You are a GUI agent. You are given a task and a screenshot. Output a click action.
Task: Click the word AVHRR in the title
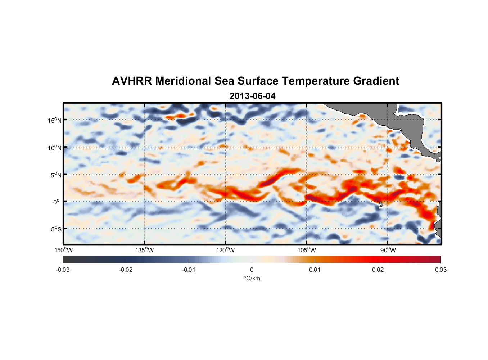(132, 81)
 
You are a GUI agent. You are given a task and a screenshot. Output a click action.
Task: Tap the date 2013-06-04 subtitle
(252, 96)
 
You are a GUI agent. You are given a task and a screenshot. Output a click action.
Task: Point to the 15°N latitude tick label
(55, 120)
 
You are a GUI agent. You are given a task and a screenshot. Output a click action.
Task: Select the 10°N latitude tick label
(55, 148)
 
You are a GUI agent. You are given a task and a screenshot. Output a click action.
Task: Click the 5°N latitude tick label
(56, 175)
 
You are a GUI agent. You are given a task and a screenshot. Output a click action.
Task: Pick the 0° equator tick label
(57, 202)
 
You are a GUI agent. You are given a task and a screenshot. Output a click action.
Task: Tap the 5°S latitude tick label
(56, 229)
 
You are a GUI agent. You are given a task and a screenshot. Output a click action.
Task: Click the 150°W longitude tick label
(63, 250)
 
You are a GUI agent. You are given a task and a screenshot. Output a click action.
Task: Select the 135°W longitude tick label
(144, 250)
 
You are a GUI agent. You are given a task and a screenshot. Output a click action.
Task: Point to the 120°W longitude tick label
(225, 250)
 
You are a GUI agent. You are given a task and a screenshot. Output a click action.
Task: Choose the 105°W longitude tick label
(307, 250)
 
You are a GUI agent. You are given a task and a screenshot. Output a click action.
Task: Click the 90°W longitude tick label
(388, 250)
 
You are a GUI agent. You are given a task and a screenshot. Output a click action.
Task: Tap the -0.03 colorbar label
(63, 270)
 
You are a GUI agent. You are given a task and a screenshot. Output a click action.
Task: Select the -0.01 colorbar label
(189, 270)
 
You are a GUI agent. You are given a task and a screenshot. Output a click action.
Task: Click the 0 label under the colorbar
(252, 270)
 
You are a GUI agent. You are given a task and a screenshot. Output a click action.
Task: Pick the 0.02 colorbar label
(378, 270)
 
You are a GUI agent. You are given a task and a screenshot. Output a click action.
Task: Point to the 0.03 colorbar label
(440, 270)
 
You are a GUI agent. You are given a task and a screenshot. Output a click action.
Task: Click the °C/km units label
(252, 278)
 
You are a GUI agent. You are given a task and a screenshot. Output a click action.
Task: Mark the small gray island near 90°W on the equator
(381, 204)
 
